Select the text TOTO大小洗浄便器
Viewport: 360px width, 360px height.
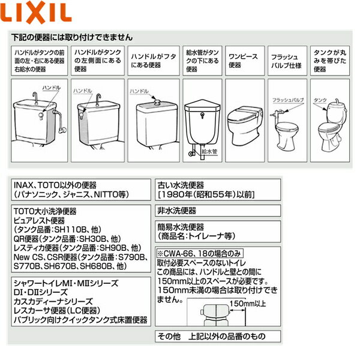tap(47, 211)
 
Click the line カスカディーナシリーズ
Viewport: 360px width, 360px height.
tap(53, 300)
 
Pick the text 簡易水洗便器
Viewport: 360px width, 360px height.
tap(181, 227)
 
